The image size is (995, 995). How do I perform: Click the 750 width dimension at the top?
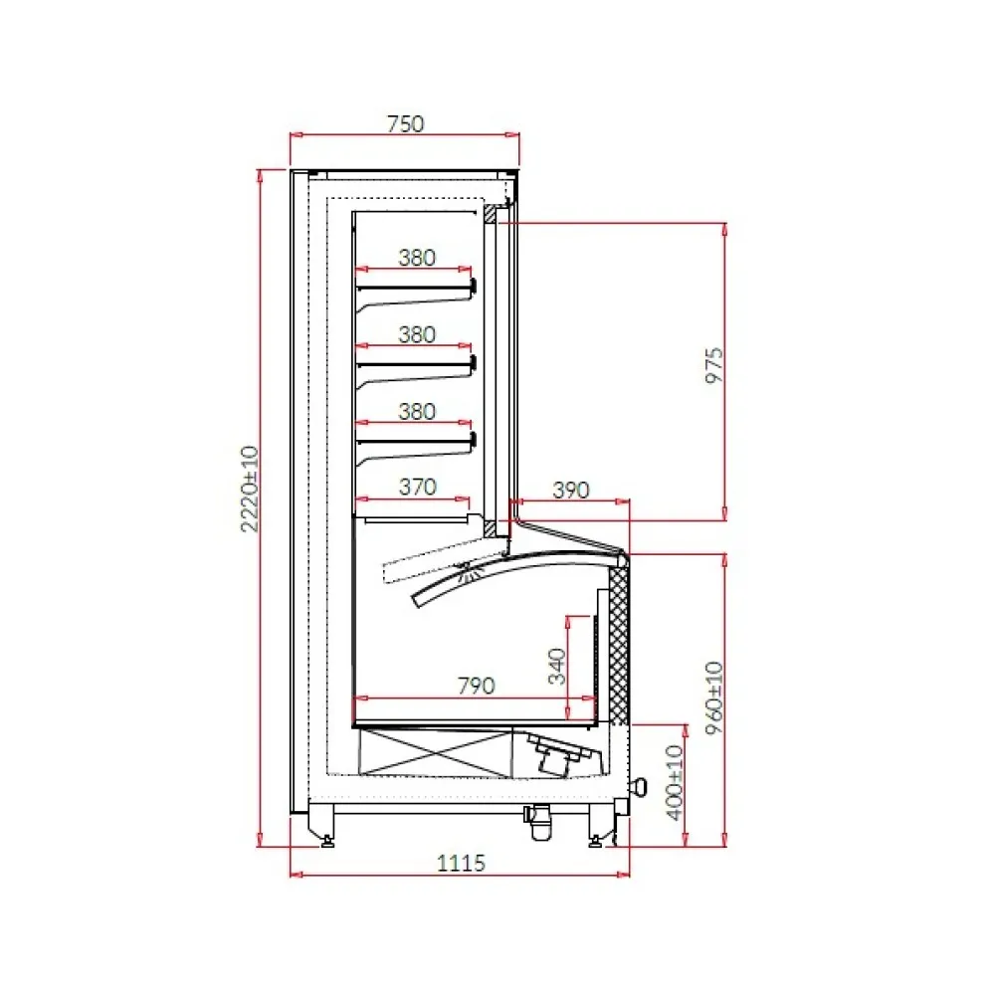[405, 124]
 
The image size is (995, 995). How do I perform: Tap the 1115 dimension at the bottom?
[461, 863]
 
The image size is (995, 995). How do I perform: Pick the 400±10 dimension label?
[676, 782]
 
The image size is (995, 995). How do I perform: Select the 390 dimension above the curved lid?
[571, 490]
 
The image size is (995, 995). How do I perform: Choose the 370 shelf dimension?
[418, 487]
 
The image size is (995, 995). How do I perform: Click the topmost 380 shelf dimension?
[418, 258]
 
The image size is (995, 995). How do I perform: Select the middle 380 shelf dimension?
[418, 334]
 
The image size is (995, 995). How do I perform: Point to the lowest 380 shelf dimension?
[418, 410]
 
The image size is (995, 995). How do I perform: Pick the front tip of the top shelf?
[473, 288]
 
